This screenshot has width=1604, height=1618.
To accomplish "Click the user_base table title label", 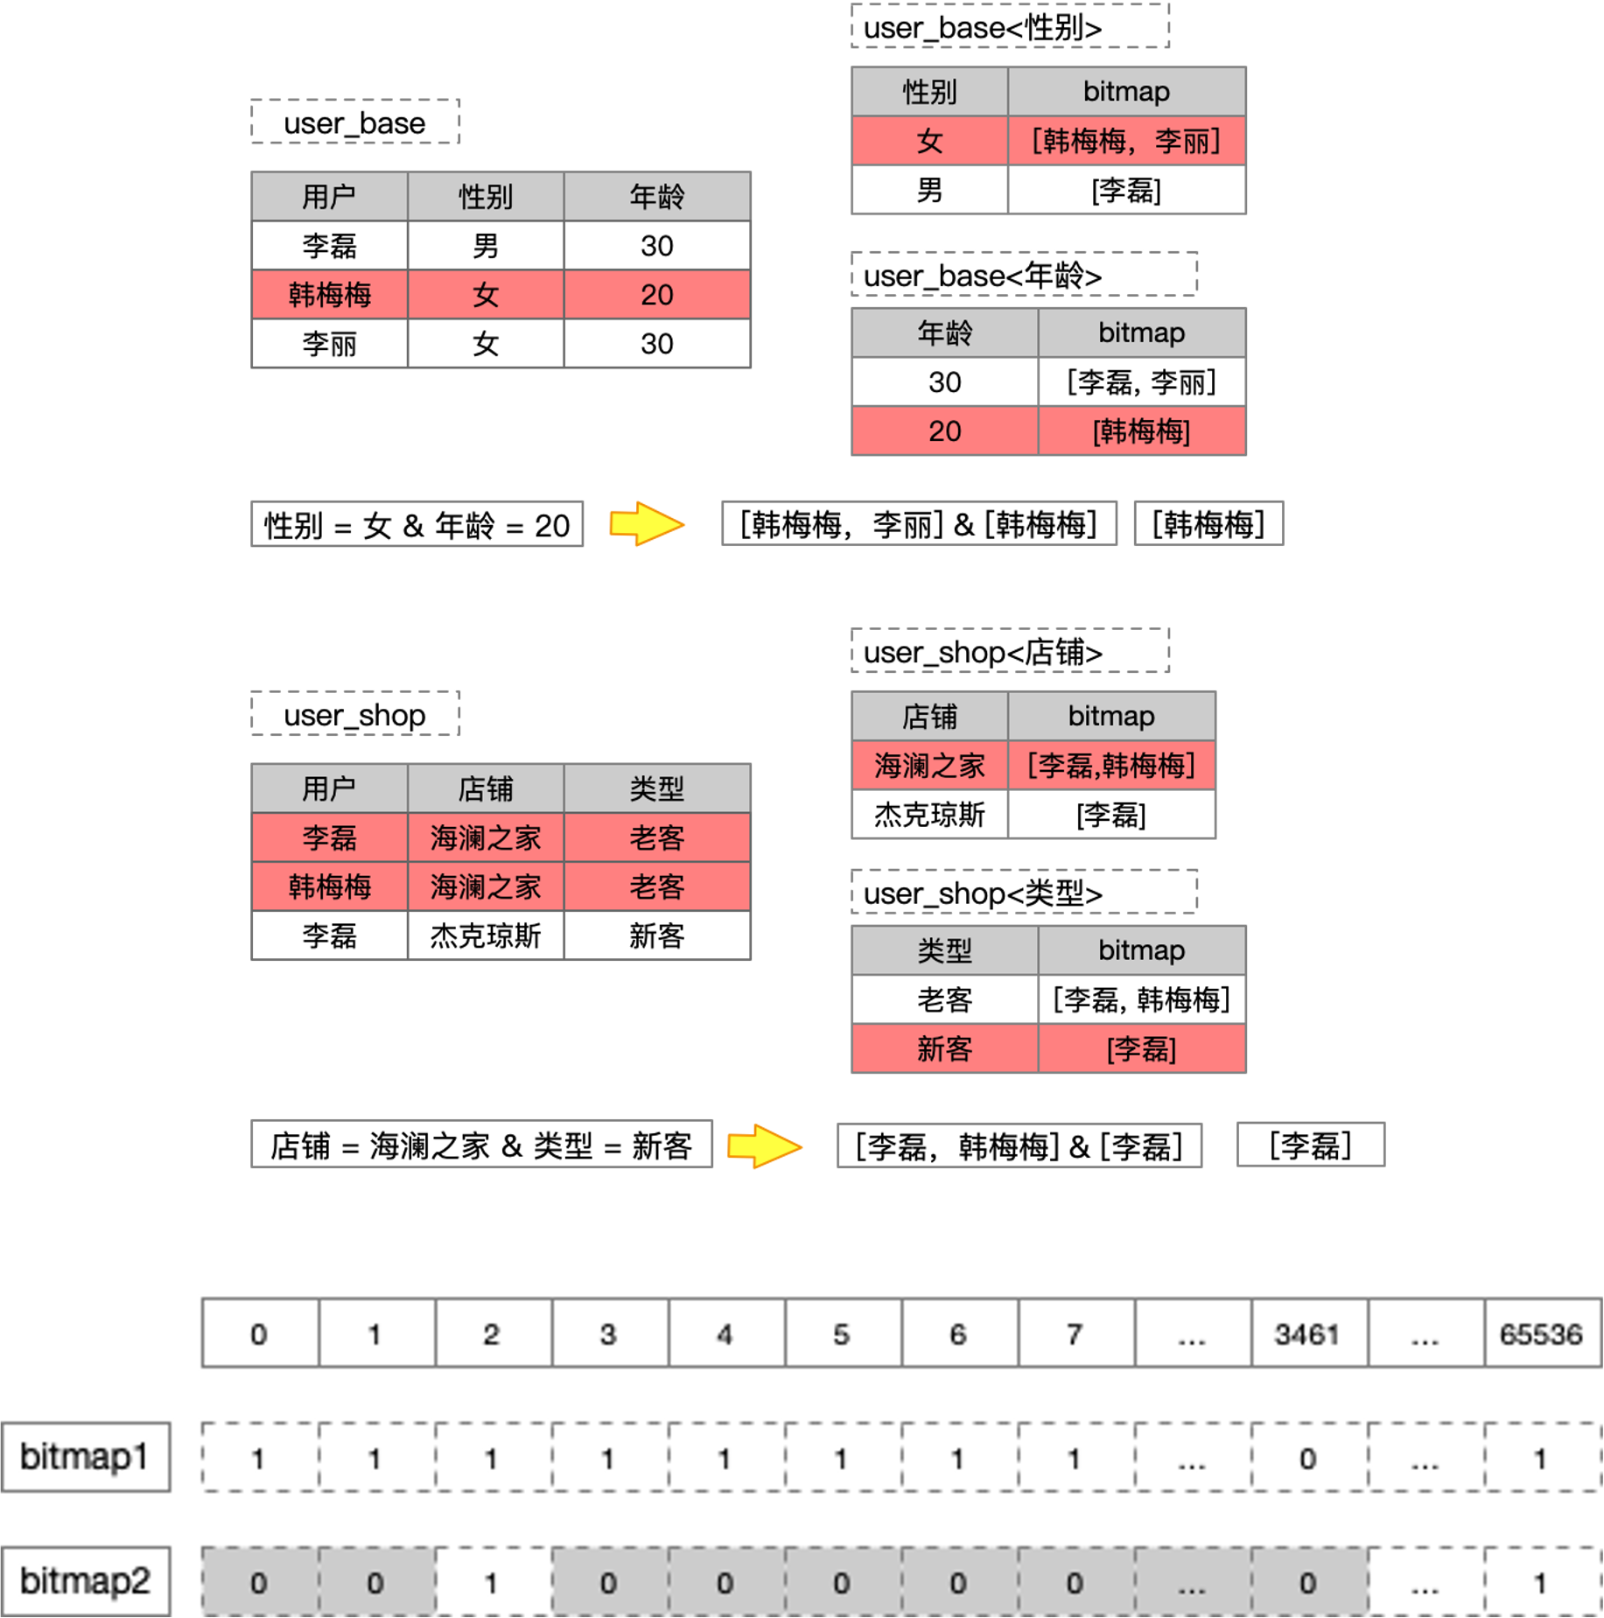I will pos(354,123).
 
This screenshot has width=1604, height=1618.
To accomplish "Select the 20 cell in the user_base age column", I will pos(656,294).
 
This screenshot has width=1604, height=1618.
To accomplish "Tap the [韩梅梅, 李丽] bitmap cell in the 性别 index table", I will pos(1126,141).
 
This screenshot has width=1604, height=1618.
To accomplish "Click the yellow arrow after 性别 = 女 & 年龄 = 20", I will pos(646,524).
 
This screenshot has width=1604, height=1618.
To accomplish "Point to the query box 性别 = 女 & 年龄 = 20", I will pos(417,525).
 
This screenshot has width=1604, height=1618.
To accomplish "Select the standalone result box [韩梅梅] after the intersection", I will pos(1208,524).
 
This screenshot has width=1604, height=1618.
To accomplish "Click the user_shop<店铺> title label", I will pos(1009,651).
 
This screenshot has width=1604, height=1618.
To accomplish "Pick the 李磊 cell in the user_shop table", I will pos(329,837).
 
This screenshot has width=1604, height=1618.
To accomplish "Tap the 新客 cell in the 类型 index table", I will pos(944,1048).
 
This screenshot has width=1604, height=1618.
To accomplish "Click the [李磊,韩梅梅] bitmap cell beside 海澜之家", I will pos(1110,766).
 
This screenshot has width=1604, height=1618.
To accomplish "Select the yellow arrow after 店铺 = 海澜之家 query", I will pos(764,1145).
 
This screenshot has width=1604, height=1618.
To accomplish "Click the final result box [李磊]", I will pos(1310,1145).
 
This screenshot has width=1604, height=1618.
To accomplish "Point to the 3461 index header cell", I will pos(1307,1334).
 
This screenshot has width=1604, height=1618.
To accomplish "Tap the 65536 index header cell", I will pos(1541,1334).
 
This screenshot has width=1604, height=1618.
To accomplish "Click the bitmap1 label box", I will pos(85,1457).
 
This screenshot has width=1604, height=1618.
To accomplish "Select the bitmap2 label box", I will pos(85,1581).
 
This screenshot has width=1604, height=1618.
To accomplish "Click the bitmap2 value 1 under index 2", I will pos(492,1582).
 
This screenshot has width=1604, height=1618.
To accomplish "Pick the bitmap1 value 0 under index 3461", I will pos(1307,1458).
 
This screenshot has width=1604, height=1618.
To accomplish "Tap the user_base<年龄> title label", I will pos(1023,276).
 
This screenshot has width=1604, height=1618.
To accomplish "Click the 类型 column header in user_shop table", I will pos(656,788).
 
